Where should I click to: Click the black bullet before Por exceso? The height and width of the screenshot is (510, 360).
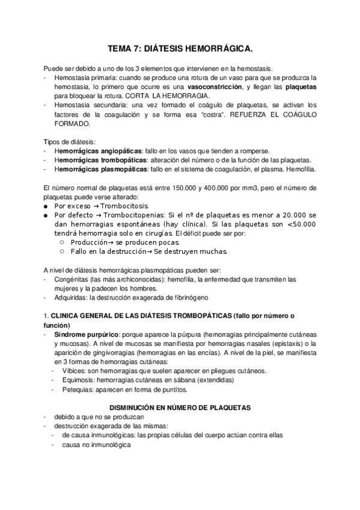tap(46, 204)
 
